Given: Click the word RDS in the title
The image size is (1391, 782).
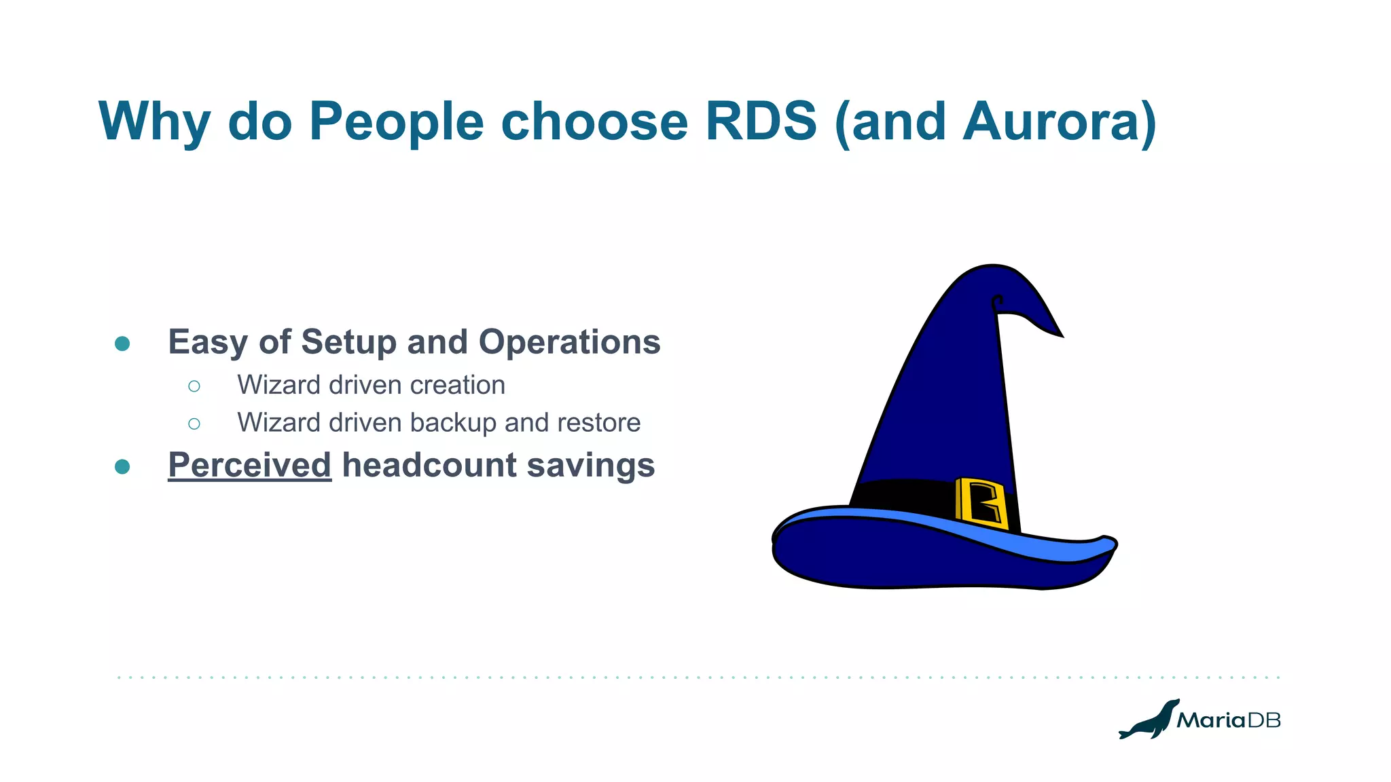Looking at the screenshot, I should pos(761,122).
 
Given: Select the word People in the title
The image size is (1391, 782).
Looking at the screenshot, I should pos(396,122).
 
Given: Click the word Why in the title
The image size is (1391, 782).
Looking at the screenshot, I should pos(155,122).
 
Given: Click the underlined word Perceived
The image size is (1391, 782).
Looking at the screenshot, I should pos(249,466).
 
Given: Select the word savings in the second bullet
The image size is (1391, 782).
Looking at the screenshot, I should pos(591,466).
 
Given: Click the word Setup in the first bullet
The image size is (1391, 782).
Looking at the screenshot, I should pos(349,342).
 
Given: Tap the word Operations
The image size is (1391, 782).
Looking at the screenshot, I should pos(569,342).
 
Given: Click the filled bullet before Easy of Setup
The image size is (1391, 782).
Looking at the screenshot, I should pos(122,343).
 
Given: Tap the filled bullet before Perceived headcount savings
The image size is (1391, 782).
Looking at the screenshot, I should pos(122,467).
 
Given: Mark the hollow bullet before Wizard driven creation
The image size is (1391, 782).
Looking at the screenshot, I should pos(194,386).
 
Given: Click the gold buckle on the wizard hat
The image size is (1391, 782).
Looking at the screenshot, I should pos(981,503).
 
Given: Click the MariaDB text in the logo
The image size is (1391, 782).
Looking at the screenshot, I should pos(1228,720).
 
